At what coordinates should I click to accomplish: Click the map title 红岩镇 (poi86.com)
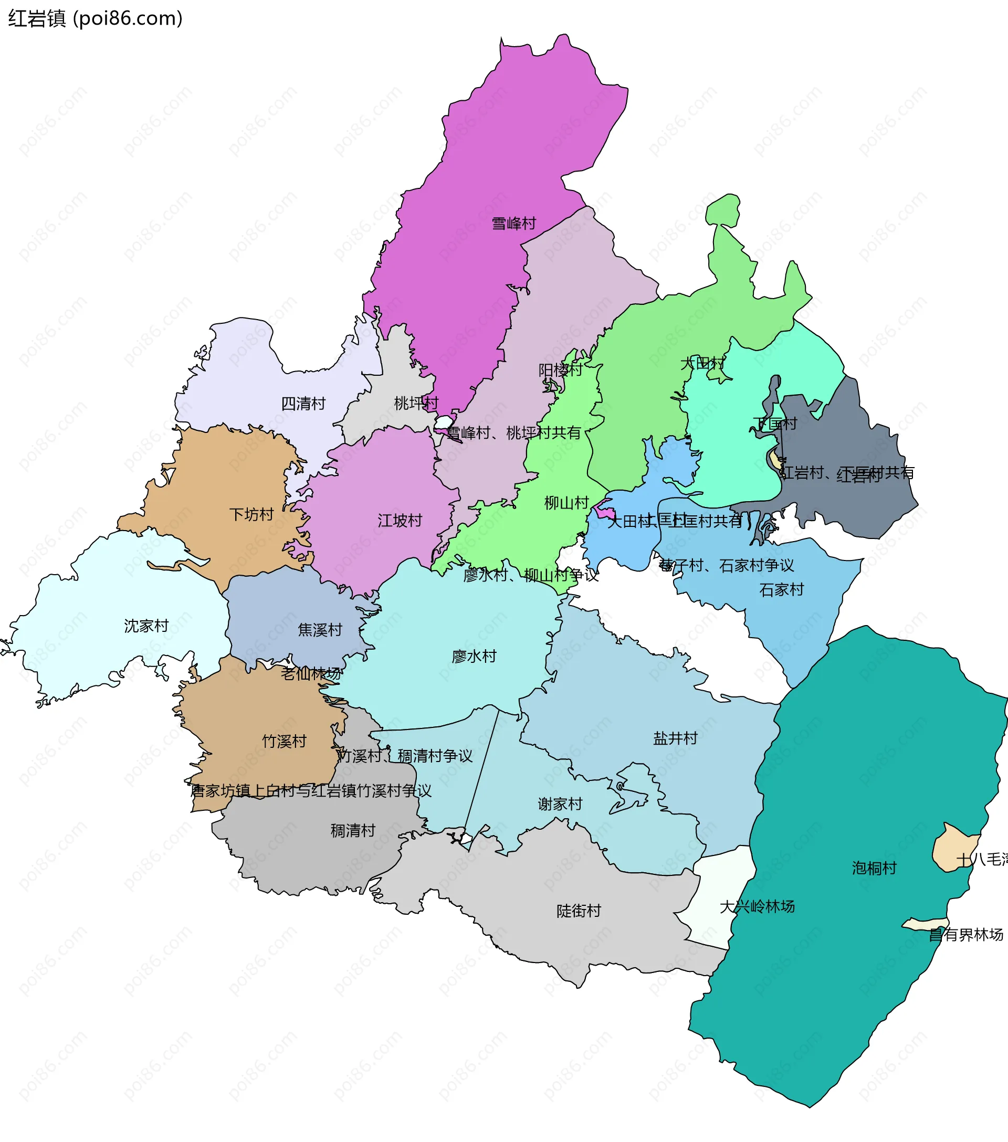click(x=95, y=18)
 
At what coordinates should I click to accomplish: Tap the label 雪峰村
click(x=513, y=224)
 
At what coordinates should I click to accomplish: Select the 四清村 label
click(x=303, y=404)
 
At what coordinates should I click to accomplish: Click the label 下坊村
click(x=251, y=514)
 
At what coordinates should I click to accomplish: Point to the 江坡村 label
click(x=400, y=521)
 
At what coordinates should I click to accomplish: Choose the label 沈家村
click(x=146, y=626)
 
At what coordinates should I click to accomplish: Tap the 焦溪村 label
click(x=320, y=630)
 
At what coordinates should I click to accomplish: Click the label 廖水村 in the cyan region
click(x=474, y=656)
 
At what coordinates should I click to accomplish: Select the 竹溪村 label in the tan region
click(x=285, y=742)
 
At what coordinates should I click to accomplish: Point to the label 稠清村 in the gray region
click(x=353, y=831)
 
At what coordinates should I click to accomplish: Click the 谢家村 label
click(x=560, y=804)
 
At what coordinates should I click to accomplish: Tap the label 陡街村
click(x=579, y=911)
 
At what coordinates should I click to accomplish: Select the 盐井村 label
click(x=676, y=738)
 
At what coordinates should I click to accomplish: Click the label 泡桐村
click(x=874, y=868)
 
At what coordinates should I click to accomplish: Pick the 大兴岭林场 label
click(x=757, y=907)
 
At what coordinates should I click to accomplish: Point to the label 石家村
click(x=781, y=589)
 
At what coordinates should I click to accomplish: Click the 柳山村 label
click(x=566, y=503)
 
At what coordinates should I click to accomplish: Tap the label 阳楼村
click(x=560, y=370)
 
